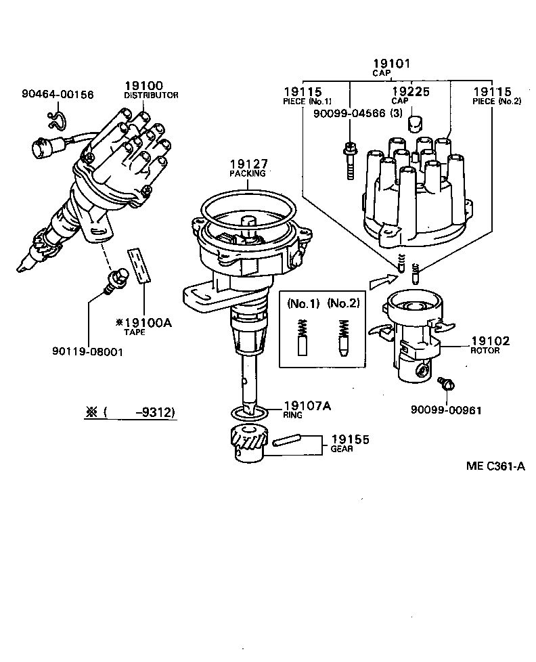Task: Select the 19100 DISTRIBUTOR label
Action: (150, 89)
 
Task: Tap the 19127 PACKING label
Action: (248, 167)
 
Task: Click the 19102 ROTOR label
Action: (491, 345)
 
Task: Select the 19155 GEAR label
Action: (349, 443)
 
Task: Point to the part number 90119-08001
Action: (88, 352)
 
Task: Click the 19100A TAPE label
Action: (143, 326)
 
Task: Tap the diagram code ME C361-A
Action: (495, 466)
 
